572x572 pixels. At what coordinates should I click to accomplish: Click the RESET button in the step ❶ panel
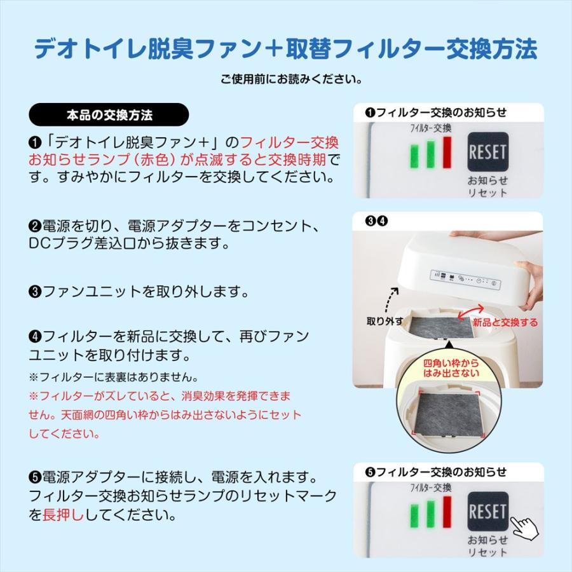coord(487,152)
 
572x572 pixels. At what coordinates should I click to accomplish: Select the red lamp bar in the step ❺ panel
coord(447,513)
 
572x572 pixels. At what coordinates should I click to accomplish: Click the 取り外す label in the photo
coord(384,320)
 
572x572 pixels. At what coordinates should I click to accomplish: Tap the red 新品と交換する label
coord(505,323)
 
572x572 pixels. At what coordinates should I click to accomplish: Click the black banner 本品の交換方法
coord(109,115)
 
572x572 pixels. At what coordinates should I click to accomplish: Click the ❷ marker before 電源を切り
coord(35,227)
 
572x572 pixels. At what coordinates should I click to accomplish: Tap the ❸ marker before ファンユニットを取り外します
coord(35,292)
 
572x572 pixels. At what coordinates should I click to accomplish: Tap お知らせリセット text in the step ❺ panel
coord(487,546)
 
